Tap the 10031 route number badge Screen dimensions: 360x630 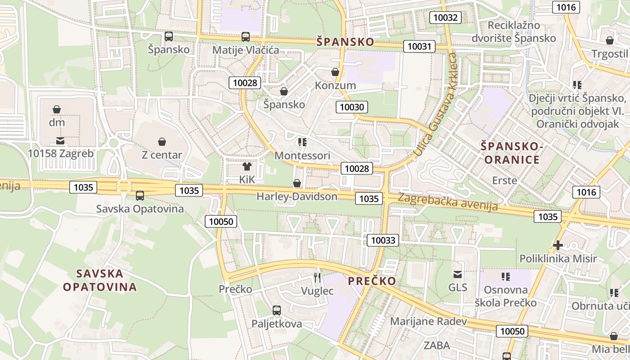[419, 46]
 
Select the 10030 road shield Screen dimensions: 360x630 [351, 107]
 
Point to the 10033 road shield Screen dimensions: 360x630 [383, 240]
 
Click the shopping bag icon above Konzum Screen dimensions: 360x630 [335, 72]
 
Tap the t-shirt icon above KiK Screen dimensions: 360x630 [247, 166]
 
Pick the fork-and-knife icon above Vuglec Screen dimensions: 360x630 [317, 277]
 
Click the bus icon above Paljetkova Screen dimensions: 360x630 [276, 310]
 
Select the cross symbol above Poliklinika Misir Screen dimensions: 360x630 [558, 245]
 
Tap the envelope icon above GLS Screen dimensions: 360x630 [458, 274]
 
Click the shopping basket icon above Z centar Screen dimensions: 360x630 [162, 142]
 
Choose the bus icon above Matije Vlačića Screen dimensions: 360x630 [245, 37]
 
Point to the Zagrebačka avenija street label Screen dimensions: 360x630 [448, 202]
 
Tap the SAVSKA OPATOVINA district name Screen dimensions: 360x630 [100, 280]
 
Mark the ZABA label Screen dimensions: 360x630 [436, 345]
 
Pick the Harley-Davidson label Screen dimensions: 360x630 [297, 196]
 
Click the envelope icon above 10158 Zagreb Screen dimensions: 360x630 [60, 141]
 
